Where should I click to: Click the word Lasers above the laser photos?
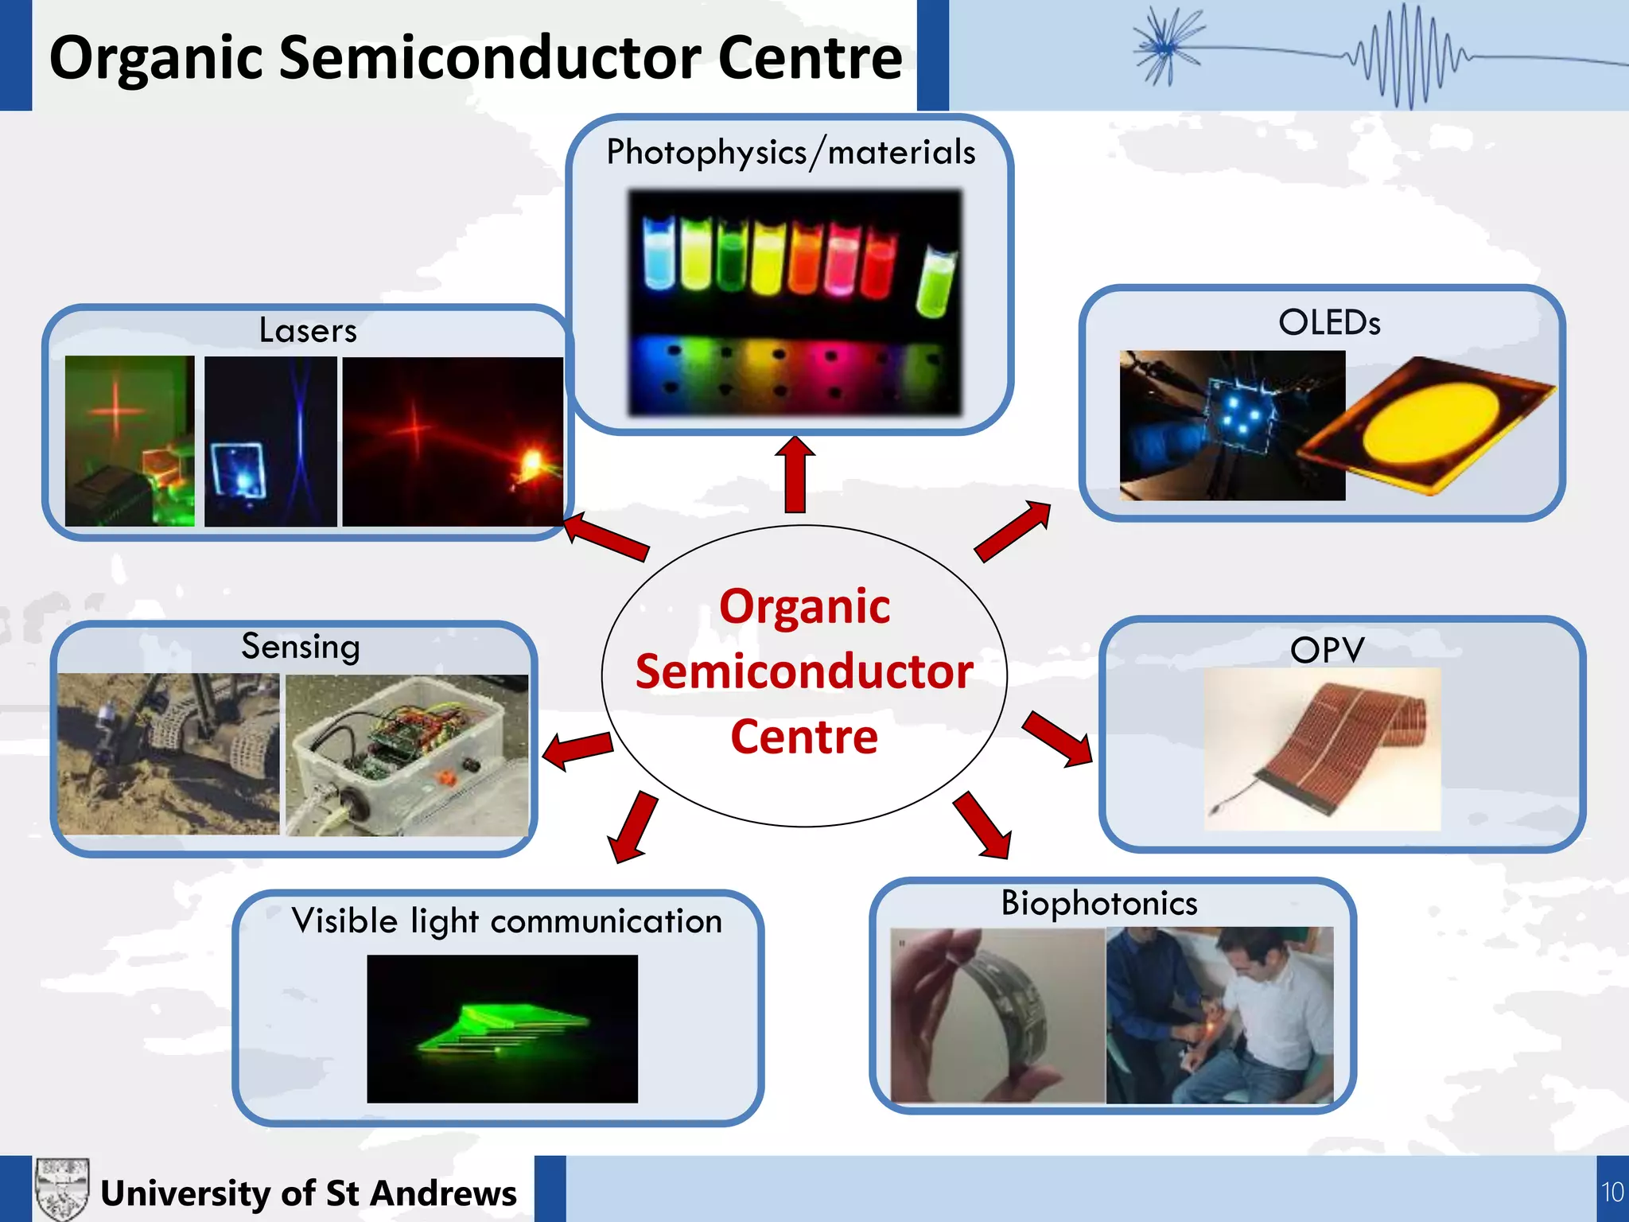click(308, 330)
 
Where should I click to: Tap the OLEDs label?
click(1329, 322)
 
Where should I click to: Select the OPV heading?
click(1327, 650)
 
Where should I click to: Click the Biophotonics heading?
click(1098, 903)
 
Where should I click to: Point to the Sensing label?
click(301, 646)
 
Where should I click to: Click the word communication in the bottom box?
click(606, 921)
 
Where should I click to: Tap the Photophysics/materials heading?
click(791, 152)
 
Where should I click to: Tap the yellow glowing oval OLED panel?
click(1432, 426)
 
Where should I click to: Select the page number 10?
click(1612, 1192)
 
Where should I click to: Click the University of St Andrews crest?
click(61, 1189)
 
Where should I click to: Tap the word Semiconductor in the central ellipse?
click(804, 671)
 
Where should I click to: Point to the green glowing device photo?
click(502, 1029)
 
